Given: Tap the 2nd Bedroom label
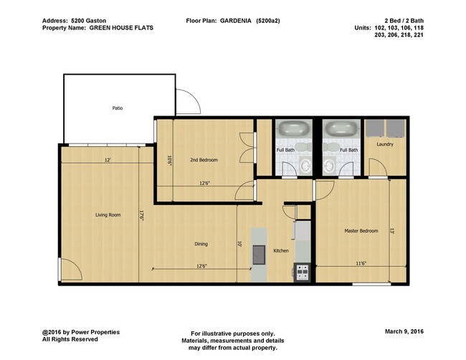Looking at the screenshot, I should [204, 159].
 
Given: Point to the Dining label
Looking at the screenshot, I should [201, 244].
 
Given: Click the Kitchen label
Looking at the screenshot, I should [281, 250].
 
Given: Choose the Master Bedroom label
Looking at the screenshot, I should [361, 231].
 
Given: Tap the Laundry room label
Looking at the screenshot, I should [385, 144].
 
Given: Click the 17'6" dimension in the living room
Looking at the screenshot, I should [142, 214].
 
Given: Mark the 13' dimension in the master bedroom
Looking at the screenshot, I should [392, 231].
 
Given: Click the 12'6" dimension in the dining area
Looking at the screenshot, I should [201, 266].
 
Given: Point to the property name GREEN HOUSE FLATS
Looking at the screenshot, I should [122, 28].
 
